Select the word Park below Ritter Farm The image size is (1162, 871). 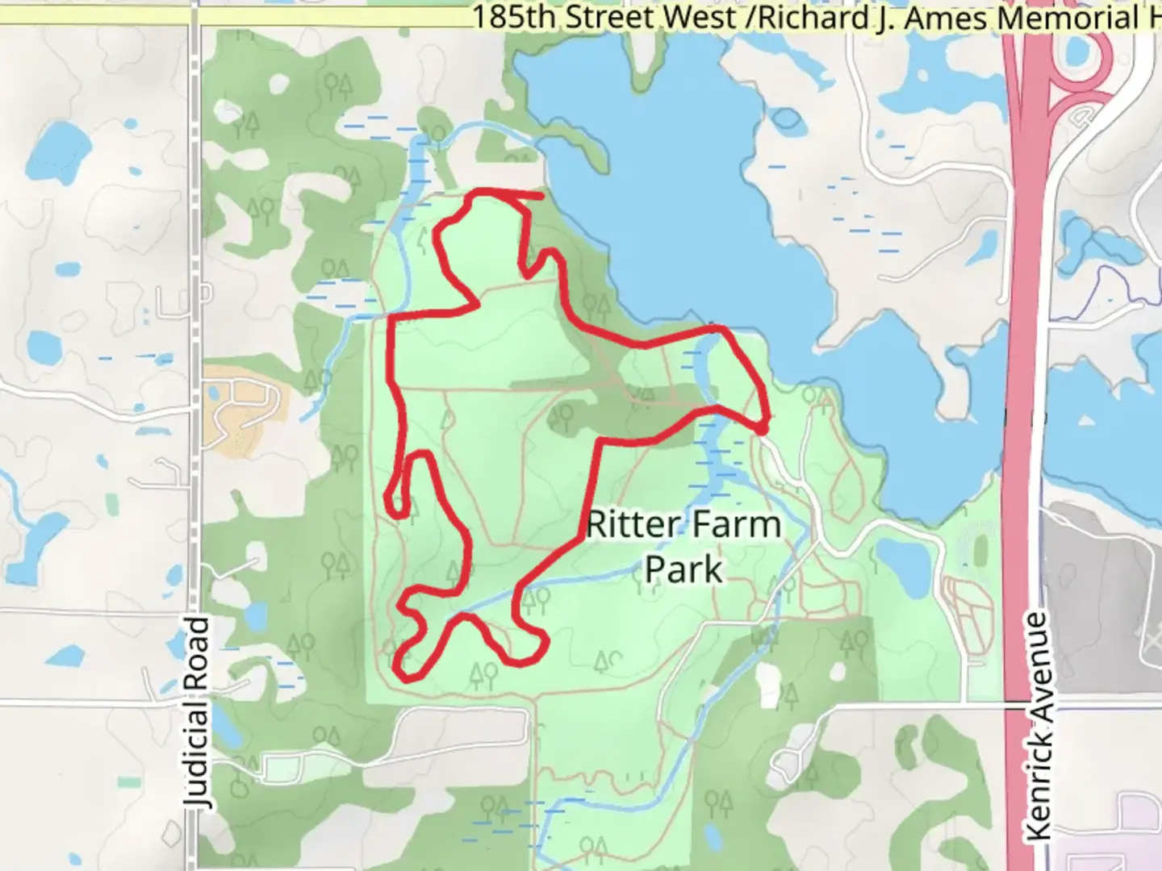[x=683, y=569]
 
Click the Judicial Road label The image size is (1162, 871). [x=197, y=711]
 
